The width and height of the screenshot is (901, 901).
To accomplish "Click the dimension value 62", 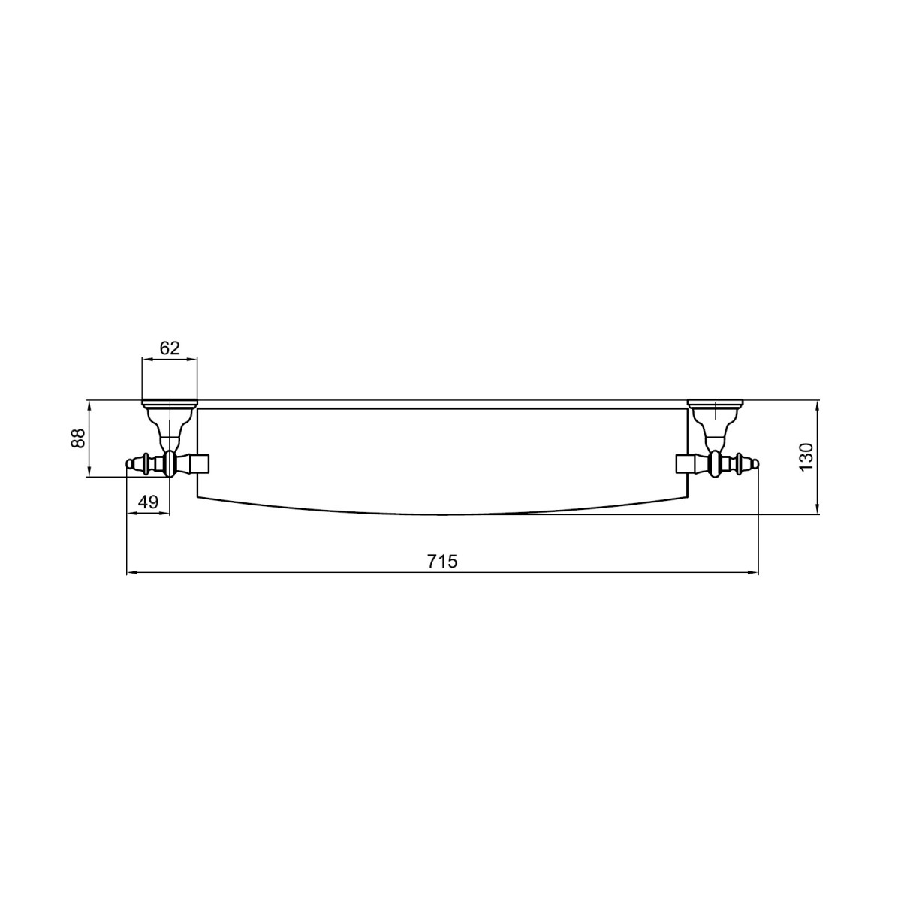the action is [169, 348].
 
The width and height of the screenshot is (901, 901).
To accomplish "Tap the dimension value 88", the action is [79, 438].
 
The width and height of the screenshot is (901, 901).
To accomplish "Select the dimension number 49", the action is [148, 502].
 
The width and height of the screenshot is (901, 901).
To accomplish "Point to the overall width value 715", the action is [442, 561].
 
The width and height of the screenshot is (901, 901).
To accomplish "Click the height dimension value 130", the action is [807, 457].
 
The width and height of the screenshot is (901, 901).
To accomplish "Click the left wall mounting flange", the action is [169, 402].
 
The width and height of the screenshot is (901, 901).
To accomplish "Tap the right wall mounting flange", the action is [715, 402].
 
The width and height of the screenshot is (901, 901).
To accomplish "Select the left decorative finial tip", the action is [129, 464].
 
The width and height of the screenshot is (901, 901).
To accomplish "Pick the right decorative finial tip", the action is [755, 464].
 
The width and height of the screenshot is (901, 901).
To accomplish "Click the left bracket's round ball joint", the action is [169, 464].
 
